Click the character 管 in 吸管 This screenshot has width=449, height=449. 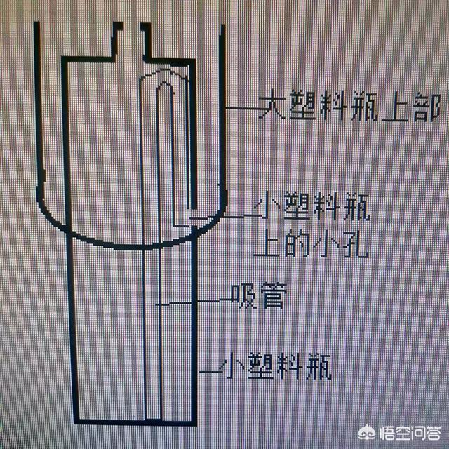[x=272, y=299]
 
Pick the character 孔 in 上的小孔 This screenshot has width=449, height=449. [x=357, y=243]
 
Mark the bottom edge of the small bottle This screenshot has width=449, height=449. [x=133, y=422]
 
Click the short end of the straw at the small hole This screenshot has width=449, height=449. [x=191, y=210]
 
